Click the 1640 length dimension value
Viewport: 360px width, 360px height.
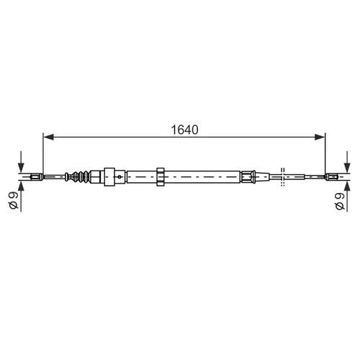184,130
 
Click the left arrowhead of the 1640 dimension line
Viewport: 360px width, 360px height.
48,137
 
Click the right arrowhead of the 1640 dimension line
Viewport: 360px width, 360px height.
320,137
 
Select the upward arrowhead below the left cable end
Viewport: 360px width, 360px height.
21,186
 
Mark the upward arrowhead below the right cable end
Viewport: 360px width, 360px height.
347,186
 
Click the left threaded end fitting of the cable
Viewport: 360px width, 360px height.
37,177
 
